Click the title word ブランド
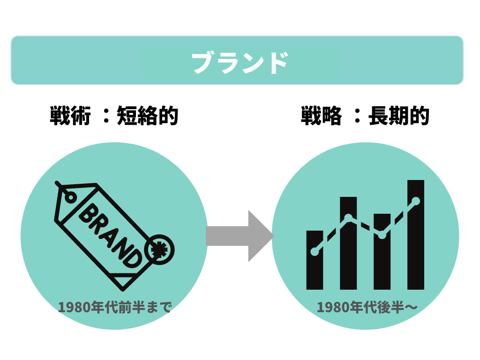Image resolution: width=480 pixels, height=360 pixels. (240, 62)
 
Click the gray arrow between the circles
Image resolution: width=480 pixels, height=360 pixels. (239, 236)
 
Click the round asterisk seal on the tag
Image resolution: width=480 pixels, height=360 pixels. (160, 251)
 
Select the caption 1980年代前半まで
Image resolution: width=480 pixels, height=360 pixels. (115, 307)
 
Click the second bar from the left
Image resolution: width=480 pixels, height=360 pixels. (348, 253)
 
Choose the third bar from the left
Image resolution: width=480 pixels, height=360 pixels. (382, 262)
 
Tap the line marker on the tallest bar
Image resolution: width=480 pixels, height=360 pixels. (416, 201)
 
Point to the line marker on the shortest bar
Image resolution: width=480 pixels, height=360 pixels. (315, 252)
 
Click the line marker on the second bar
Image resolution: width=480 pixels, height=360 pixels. (348, 218)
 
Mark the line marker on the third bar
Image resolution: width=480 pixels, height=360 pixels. (382, 235)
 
